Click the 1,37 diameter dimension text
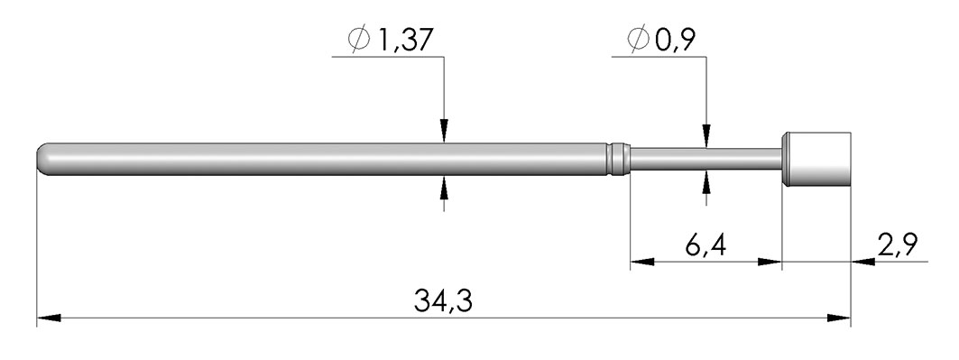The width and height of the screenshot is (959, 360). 405,41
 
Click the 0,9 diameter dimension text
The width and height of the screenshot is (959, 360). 675,41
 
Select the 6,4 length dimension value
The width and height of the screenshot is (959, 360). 705,246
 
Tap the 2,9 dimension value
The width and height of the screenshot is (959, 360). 898,245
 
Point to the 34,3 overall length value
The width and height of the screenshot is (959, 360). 444,301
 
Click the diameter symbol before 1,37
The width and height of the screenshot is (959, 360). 359,40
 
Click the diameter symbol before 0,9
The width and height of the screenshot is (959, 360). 638,40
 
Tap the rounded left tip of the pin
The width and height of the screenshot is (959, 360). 41,159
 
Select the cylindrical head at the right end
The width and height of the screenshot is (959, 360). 817,159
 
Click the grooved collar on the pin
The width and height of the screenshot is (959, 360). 619,159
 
